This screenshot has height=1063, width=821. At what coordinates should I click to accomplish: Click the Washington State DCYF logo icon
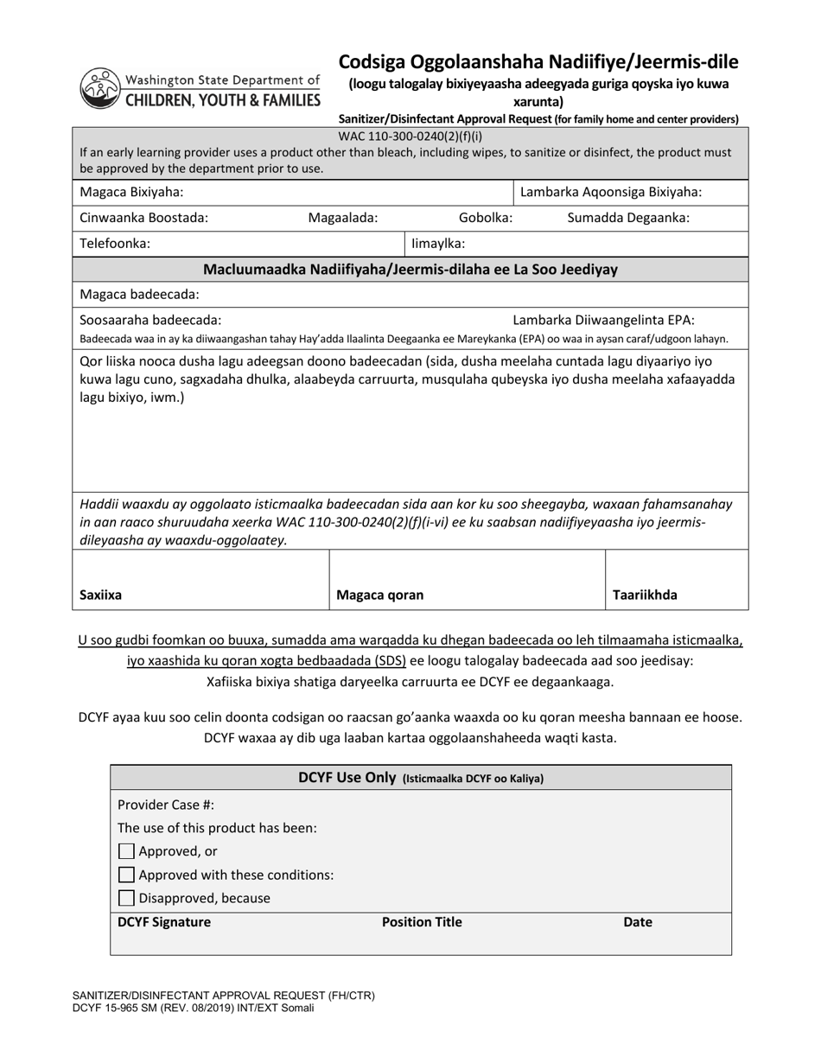coord(101,88)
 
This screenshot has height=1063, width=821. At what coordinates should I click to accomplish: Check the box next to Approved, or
coord(127,851)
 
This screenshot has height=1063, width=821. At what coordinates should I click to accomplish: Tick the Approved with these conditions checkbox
coord(127,875)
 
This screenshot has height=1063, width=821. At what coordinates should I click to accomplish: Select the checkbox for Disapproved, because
coord(127,898)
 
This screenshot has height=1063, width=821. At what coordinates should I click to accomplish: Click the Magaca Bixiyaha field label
coord(131,192)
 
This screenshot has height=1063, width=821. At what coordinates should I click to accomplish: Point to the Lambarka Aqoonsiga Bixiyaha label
coord(610,192)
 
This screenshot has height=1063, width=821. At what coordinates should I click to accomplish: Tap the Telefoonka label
coord(115,243)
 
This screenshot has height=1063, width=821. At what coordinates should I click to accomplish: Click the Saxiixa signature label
coord(100,595)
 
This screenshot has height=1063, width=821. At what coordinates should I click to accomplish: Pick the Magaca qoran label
coord(379,595)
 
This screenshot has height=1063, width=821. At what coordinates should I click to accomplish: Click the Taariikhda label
coord(645,595)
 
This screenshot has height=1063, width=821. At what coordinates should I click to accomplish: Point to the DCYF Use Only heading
coord(421,777)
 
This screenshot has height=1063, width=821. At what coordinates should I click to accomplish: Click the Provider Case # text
coord(166,804)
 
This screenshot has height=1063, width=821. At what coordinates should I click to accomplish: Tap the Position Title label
coord(422,922)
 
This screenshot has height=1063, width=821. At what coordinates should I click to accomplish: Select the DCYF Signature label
coord(164,922)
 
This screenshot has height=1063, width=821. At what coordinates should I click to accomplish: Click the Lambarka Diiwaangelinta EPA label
coord(603,320)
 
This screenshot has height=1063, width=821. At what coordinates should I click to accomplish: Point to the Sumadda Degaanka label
coord(628,218)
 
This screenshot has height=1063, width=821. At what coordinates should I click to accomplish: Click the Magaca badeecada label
coord(139,294)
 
